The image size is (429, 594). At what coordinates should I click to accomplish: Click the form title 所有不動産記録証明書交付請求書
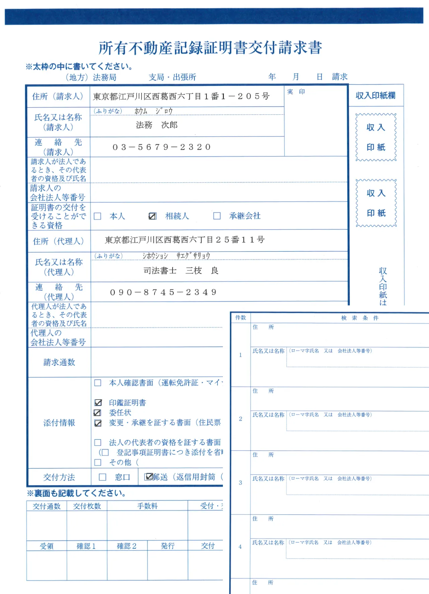click(x=210, y=48)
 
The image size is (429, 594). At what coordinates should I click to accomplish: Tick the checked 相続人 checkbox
click(x=152, y=216)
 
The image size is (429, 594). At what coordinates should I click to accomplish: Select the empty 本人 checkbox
click(x=98, y=216)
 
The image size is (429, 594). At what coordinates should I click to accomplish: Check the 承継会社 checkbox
click(x=217, y=216)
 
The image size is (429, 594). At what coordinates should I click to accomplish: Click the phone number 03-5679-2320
click(x=162, y=147)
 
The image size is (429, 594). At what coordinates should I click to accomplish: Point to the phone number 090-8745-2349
click(x=163, y=292)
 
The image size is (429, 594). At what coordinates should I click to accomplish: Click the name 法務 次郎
click(x=157, y=125)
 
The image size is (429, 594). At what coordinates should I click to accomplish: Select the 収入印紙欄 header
click(x=375, y=96)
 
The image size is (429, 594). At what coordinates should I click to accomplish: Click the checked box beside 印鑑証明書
click(x=98, y=403)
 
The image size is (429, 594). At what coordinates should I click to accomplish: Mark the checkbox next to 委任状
click(x=98, y=413)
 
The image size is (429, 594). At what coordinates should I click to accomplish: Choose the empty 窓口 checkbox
click(x=103, y=477)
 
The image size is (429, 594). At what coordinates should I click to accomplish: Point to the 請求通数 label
click(x=59, y=362)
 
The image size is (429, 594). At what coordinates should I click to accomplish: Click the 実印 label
click(x=296, y=92)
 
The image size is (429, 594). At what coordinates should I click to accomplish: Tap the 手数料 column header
click(x=147, y=506)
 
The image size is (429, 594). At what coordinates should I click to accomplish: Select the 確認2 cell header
click(x=127, y=546)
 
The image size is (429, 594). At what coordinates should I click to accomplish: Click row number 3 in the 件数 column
click(x=240, y=483)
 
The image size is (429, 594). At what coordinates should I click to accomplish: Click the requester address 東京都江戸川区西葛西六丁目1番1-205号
click(x=181, y=97)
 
